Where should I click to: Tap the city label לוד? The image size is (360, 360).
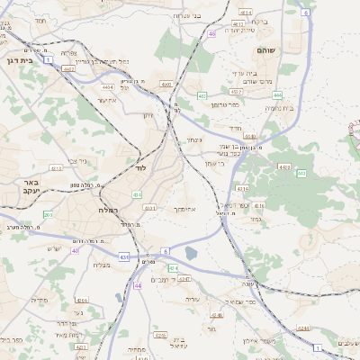click(x=141, y=169)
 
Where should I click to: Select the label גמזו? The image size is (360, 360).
click(x=255, y=219)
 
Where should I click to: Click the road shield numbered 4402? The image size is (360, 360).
click(x=68, y=67)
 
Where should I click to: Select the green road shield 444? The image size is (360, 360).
click(x=278, y=94)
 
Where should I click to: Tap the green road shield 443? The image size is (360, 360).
click(x=301, y=173)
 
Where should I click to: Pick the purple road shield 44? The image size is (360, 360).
click(x=138, y=285)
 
